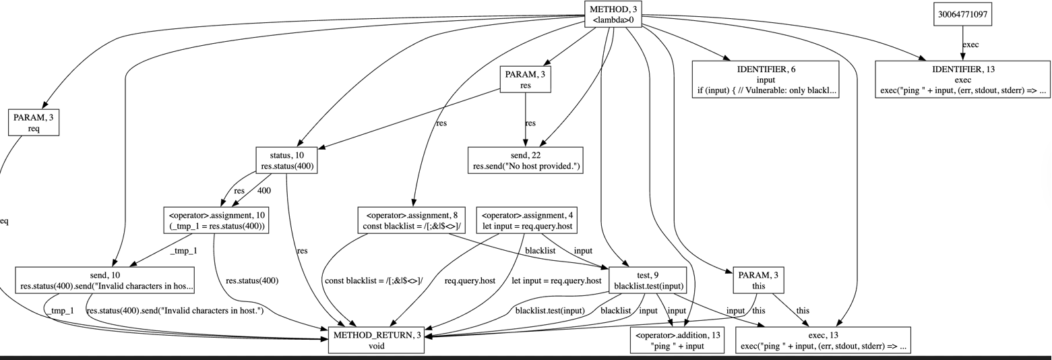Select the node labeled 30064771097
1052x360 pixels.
click(x=962, y=14)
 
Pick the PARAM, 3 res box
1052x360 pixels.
click(x=525, y=80)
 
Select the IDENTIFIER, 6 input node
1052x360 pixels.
click(x=766, y=80)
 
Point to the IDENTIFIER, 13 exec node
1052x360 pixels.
click(x=962, y=80)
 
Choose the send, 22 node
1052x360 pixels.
click(x=525, y=160)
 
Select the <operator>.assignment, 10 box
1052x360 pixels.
click(x=216, y=220)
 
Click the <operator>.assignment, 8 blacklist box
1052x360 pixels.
click(x=411, y=220)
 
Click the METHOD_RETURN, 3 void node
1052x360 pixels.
click(x=376, y=340)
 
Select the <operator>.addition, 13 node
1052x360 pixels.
click(x=677, y=340)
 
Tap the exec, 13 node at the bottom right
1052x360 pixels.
click(x=823, y=340)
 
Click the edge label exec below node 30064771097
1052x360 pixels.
click(x=970, y=44)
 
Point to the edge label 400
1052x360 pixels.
click(x=264, y=191)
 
